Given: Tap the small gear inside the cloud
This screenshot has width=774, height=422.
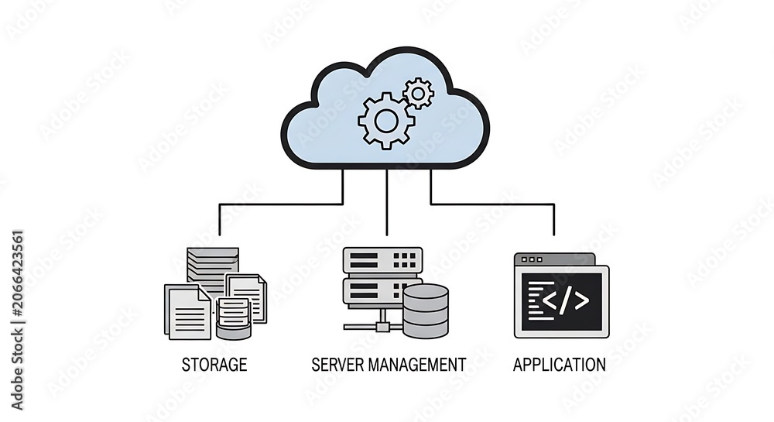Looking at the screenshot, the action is point(418,93).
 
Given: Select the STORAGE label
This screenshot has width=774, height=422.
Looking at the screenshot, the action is point(214,365).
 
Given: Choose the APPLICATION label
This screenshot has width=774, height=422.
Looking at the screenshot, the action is point(560,365).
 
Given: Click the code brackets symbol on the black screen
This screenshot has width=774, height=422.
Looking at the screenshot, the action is point(566,300).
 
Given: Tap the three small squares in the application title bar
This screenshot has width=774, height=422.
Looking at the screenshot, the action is point(532,259).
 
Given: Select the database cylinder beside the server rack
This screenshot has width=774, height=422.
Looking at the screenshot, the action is point(426,311).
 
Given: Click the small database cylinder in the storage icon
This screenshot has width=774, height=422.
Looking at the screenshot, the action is point(233,318).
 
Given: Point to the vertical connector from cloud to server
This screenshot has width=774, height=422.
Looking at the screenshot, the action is point(386,202).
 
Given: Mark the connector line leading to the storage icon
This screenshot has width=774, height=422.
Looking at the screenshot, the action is point(282,204).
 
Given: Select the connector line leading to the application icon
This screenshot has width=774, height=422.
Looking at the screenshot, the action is point(492,204).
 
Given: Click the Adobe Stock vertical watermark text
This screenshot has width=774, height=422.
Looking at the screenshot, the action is point(17,320).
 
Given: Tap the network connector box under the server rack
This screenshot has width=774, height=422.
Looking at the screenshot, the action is point(382,326).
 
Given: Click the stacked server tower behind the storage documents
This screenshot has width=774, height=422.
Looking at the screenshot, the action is point(213,270).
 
